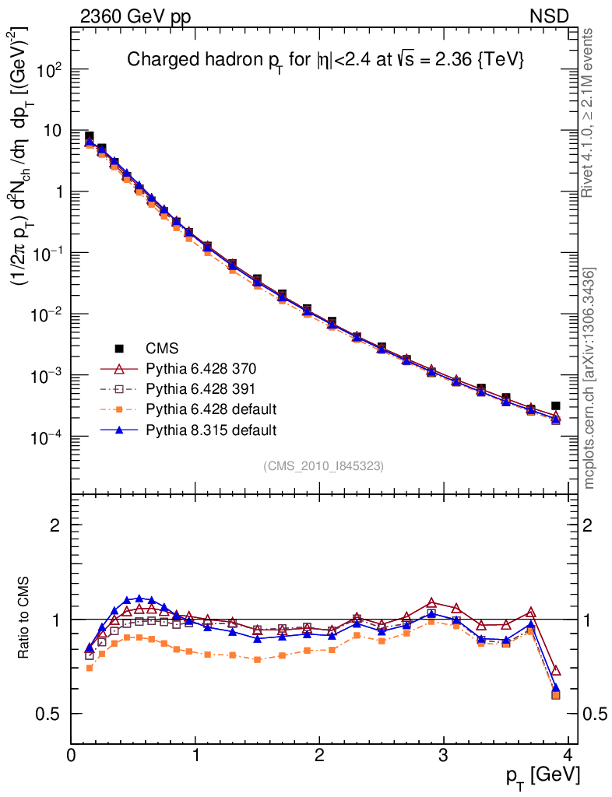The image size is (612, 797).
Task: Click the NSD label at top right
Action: coord(550,16)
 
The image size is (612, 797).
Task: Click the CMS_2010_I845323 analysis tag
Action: coord(323,465)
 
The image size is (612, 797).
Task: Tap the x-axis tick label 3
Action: coord(443,756)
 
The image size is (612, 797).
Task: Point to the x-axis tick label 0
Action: coord(71,756)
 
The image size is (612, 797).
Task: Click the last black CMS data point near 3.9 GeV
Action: coord(556,406)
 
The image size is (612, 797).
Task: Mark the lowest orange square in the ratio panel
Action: coord(556,694)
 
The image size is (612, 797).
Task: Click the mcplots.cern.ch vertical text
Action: coord(589,377)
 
